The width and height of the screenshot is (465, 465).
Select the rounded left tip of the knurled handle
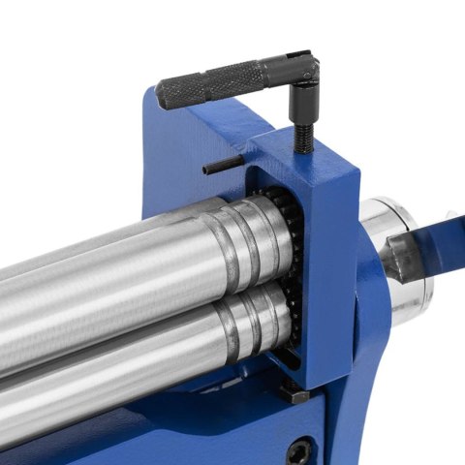(x=161, y=95)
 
